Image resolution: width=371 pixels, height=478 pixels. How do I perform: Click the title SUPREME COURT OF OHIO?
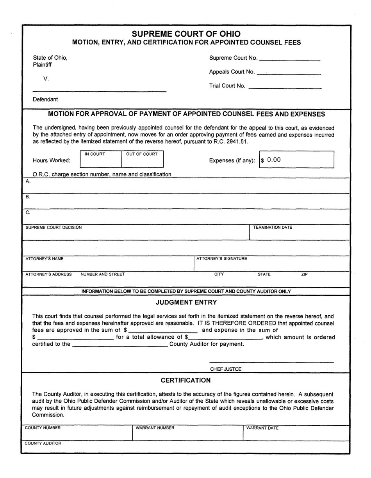pyautogui.click(x=186, y=34)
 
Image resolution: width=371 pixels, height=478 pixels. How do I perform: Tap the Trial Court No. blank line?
pyautogui.click(x=285, y=87)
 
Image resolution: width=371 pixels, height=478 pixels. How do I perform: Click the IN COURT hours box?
pyautogui.click(x=101, y=160)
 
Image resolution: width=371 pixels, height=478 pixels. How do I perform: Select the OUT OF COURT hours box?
pyautogui.click(x=143, y=160)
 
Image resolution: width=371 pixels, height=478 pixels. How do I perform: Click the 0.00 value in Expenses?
pyautogui.click(x=274, y=160)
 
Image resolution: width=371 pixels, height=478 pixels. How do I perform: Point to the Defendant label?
pyautogui.click(x=45, y=100)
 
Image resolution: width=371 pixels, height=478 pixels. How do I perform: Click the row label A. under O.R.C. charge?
pyautogui.click(x=28, y=181)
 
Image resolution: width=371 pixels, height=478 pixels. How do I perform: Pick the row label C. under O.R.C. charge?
pyautogui.click(x=28, y=213)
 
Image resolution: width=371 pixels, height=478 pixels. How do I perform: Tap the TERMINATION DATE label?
pyautogui.click(x=272, y=227)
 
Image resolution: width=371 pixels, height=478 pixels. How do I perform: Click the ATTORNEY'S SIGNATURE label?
pyautogui.click(x=221, y=259)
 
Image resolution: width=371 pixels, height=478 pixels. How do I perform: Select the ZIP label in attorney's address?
pyautogui.click(x=304, y=274)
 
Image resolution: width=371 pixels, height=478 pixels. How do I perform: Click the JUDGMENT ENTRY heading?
pyautogui.click(x=186, y=302)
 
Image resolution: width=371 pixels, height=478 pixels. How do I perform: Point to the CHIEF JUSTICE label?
pyautogui.click(x=226, y=369)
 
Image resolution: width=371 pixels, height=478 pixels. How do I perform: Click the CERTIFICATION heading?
pyautogui.click(x=186, y=380)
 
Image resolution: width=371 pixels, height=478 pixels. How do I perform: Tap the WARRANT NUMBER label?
pyautogui.click(x=155, y=428)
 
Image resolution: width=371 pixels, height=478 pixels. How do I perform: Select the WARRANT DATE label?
pyautogui.click(x=262, y=428)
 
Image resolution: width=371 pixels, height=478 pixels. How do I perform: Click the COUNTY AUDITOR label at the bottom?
pyautogui.click(x=43, y=443)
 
